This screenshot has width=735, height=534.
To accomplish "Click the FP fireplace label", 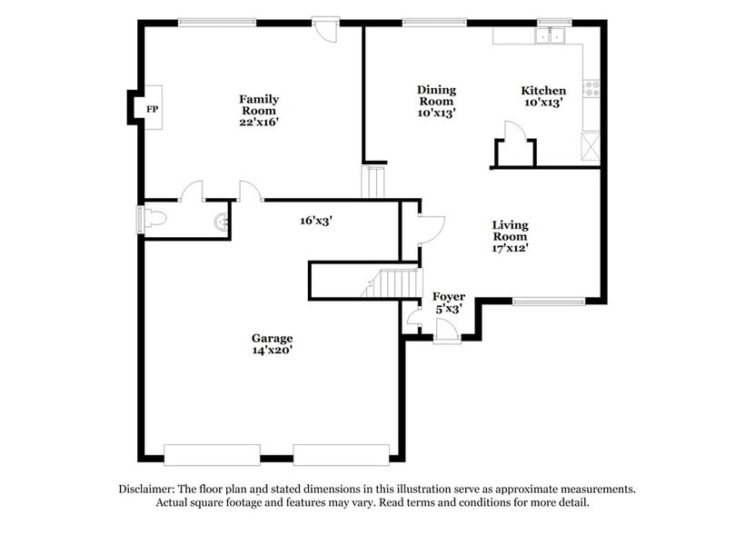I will [152, 109].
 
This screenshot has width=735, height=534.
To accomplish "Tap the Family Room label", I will [259, 104].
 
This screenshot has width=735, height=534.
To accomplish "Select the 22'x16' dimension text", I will [259, 122].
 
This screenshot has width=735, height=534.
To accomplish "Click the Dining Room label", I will [436, 95].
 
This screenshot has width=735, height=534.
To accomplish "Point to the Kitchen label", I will [543, 91].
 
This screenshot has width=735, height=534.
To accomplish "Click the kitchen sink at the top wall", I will [550, 36].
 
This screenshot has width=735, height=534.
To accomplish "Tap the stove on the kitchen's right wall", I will [591, 89].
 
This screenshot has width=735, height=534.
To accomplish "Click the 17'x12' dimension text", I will [510, 246].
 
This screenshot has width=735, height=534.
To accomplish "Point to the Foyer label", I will [449, 297].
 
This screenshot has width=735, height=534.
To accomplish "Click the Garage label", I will [272, 339].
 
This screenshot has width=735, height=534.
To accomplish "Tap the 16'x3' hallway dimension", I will [317, 220].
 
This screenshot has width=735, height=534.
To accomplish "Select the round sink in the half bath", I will [219, 220].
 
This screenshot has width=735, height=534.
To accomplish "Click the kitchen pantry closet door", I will [514, 133].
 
